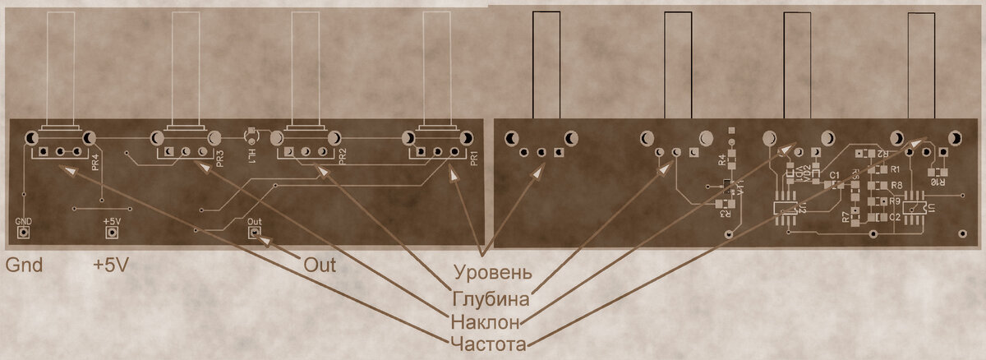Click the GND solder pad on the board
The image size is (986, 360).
(x=24, y=233)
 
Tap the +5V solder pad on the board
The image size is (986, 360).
(x=110, y=233)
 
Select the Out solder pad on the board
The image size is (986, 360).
(x=256, y=233)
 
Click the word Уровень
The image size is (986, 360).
(x=493, y=271)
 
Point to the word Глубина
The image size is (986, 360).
(x=490, y=296)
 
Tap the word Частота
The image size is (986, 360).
(x=487, y=344)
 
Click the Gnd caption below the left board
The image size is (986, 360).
(x=24, y=265)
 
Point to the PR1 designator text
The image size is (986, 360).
(x=474, y=159)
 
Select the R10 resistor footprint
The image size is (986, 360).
(x=937, y=170)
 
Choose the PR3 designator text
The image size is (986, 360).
(x=219, y=158)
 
